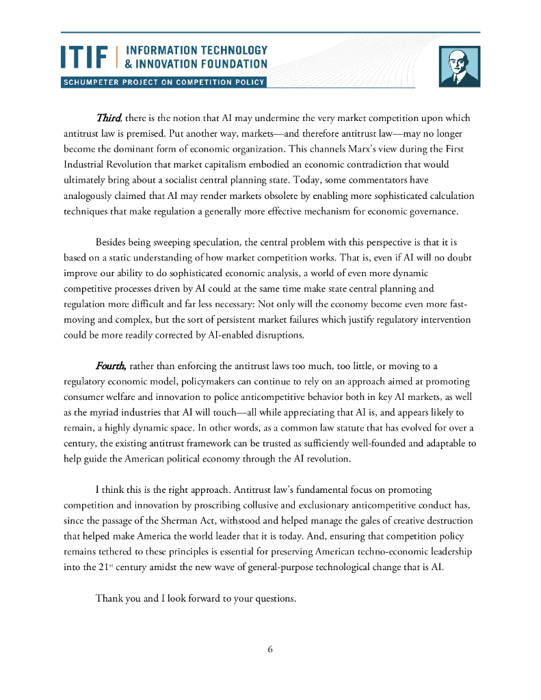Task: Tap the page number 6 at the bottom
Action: tap(270, 649)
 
